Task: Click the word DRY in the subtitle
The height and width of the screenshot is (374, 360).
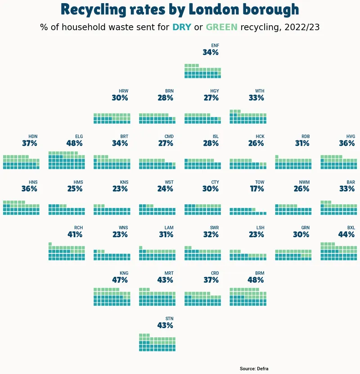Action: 182,27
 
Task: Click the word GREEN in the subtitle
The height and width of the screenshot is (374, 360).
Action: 221,27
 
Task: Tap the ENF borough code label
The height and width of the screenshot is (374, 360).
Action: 215,45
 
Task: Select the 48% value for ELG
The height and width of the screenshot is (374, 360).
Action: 74,144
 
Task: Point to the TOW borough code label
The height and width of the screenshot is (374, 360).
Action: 260,182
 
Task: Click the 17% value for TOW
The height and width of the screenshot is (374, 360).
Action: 257,189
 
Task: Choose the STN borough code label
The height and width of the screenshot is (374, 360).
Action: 170,319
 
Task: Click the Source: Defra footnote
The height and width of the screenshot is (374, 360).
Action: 254,369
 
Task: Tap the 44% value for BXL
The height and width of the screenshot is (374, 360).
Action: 346,234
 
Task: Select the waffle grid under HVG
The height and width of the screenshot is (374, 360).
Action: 339,162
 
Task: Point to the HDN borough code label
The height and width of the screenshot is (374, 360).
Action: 33,136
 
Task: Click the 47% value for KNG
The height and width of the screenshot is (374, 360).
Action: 120,280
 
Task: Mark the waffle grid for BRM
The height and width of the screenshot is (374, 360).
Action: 248,297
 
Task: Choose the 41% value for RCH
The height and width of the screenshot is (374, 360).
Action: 75,234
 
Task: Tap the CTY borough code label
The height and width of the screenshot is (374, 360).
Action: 215,182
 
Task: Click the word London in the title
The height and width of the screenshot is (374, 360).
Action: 214,9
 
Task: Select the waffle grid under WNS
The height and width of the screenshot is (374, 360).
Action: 112,255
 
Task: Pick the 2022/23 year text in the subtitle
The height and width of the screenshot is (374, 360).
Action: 302,27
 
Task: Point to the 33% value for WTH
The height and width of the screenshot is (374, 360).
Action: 256,98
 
